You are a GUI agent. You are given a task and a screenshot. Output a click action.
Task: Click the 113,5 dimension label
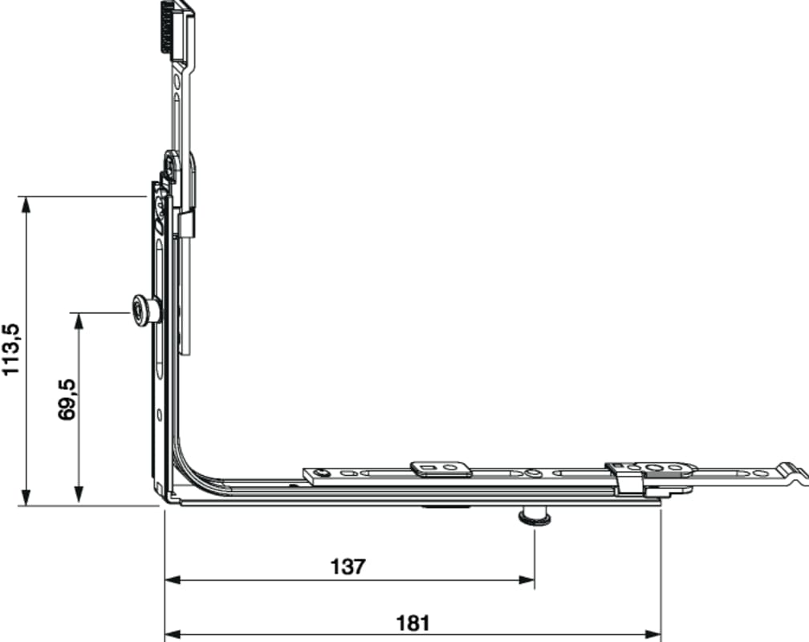(11, 349)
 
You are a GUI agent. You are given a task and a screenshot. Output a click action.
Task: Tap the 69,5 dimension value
(67, 400)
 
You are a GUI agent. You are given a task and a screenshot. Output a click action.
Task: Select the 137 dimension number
(348, 567)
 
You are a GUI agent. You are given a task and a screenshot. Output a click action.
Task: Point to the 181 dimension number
(413, 623)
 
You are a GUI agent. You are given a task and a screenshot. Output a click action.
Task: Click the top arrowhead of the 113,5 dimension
(26, 205)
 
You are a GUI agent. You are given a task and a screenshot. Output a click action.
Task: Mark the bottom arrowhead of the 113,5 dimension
(26, 498)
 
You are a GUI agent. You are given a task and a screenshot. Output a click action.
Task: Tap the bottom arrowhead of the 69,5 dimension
(79, 494)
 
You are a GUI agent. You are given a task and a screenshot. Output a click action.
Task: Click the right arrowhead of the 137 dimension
(526, 580)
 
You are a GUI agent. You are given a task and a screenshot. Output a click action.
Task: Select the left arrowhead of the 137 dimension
(173, 580)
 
